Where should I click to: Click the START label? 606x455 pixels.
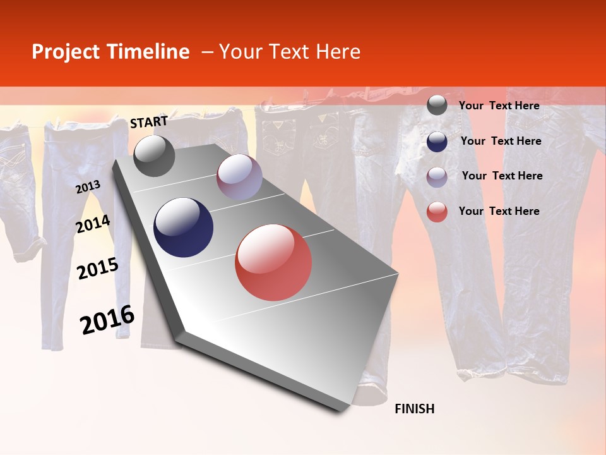pyautogui.click(x=149, y=122)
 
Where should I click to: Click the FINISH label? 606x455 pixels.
pyautogui.click(x=415, y=409)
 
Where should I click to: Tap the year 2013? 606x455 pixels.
pyautogui.click(x=88, y=187)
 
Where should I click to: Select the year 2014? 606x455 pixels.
pyautogui.click(x=93, y=224)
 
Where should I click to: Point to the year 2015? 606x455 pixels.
pyautogui.click(x=98, y=269)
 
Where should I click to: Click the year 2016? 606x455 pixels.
pyautogui.click(x=107, y=320)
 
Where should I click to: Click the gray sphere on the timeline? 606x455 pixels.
pyautogui.click(x=154, y=155)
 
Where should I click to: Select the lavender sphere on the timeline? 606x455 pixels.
pyautogui.click(x=239, y=177)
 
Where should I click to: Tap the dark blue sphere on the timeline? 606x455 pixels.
pyautogui.click(x=184, y=227)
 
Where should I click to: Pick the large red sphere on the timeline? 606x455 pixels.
pyautogui.click(x=273, y=262)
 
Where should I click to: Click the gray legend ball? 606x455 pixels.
pyautogui.click(x=437, y=106)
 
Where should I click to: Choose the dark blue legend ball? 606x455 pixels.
pyautogui.click(x=437, y=142)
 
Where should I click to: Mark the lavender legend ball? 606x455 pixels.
pyautogui.click(x=437, y=177)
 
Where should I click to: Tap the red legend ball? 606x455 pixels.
pyautogui.click(x=437, y=212)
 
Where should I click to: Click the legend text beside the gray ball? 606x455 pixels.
pyautogui.click(x=499, y=106)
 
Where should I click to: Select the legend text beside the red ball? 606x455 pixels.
pyautogui.click(x=499, y=211)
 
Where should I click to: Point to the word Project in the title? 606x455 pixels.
pyautogui.click(x=66, y=52)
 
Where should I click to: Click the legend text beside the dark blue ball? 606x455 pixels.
pyautogui.click(x=501, y=141)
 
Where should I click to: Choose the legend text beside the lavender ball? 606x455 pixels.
pyautogui.click(x=502, y=176)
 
